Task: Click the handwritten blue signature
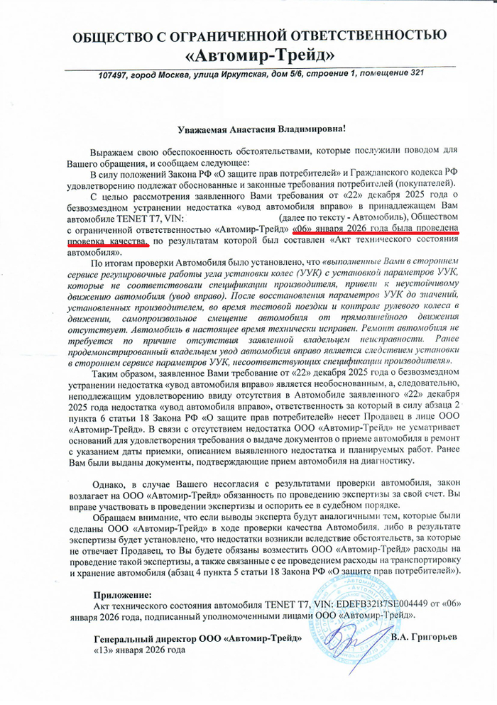pos(355,639)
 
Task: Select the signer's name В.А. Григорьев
pos(424,637)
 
